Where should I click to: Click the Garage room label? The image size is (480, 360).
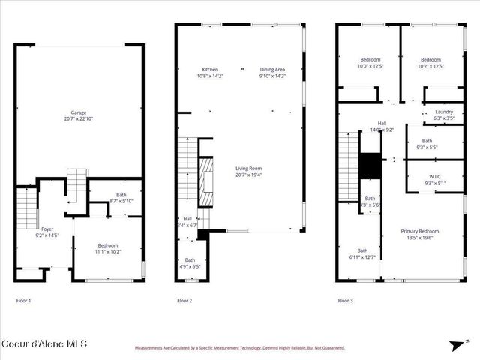coord(79,115)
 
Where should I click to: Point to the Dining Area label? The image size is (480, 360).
coord(272,73)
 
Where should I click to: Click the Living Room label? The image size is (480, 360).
coord(251,172)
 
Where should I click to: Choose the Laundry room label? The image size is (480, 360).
coord(433,115)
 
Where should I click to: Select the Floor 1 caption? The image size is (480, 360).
coord(24,300)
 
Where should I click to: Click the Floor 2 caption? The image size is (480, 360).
coord(184,300)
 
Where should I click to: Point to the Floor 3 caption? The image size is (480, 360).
coord(345,300)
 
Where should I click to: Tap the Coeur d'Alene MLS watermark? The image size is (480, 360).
coord(44,343)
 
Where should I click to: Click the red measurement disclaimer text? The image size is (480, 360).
coord(239,348)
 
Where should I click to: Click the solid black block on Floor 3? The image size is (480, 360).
coord(370,165)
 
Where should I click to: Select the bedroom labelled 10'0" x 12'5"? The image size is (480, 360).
coord(370,63)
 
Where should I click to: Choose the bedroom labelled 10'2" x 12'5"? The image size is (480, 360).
coord(430,63)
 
